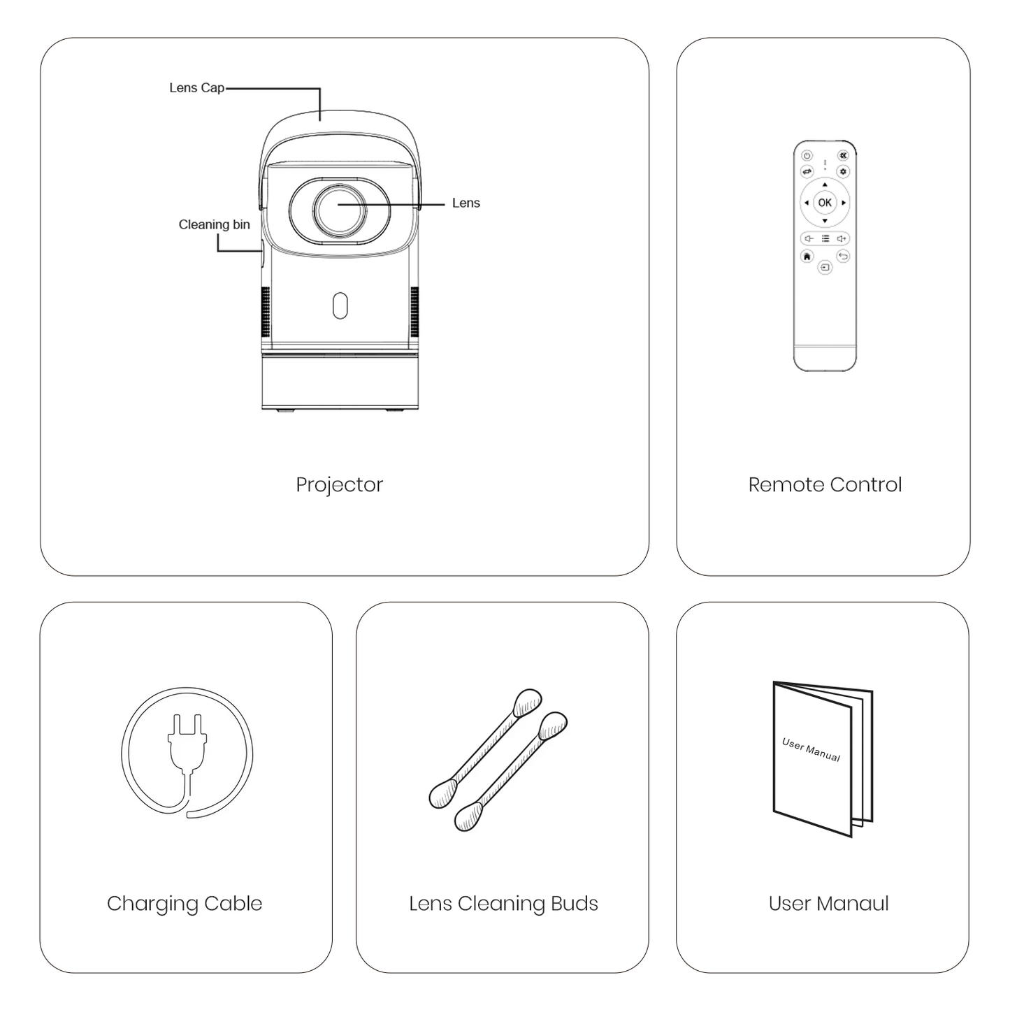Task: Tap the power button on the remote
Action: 807,156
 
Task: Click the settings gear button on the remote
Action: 844,171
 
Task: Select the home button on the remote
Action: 807,257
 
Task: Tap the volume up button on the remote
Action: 842,238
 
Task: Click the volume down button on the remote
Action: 808,238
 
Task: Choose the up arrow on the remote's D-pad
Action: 825,185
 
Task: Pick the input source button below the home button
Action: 825,267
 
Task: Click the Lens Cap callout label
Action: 196,88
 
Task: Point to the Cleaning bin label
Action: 214,224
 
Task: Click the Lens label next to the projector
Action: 466,203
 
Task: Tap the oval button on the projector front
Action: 340,305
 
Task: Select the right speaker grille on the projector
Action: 414,311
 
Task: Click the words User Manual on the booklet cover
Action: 811,749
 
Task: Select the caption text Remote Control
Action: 825,485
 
